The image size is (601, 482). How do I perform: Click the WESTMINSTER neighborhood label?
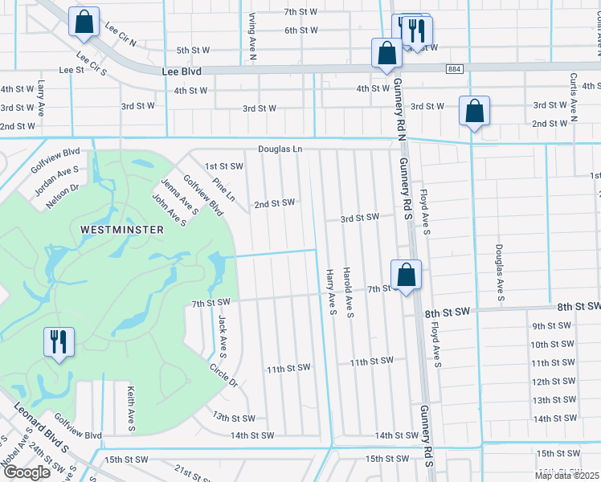point(122,230)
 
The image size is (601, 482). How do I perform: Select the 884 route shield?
point(456,70)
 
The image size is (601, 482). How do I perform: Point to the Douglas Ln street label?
point(280,149)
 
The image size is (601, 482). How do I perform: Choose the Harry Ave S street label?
point(331,292)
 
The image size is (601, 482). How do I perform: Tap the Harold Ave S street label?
point(349,292)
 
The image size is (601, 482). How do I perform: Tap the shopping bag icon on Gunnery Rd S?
point(407,275)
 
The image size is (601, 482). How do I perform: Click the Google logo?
point(26,472)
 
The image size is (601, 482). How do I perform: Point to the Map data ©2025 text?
point(567,476)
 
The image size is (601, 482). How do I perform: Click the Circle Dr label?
point(223,377)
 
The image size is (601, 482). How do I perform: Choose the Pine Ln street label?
point(223,190)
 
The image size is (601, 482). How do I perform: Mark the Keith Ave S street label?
point(129,407)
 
